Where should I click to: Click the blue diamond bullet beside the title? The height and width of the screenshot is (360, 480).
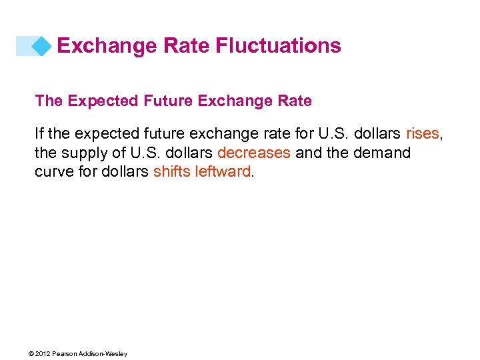pos(42,46)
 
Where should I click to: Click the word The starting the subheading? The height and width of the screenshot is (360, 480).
pos(48,101)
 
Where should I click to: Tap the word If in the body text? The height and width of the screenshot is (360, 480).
pos(39,134)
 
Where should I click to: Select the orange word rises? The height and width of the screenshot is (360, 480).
pos(422,134)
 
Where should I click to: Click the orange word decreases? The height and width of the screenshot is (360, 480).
pos(253,153)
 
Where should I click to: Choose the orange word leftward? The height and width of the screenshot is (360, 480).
pos(221,171)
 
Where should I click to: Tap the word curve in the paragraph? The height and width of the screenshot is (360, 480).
pos(53,171)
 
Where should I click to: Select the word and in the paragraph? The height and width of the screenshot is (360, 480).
pos(308,153)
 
